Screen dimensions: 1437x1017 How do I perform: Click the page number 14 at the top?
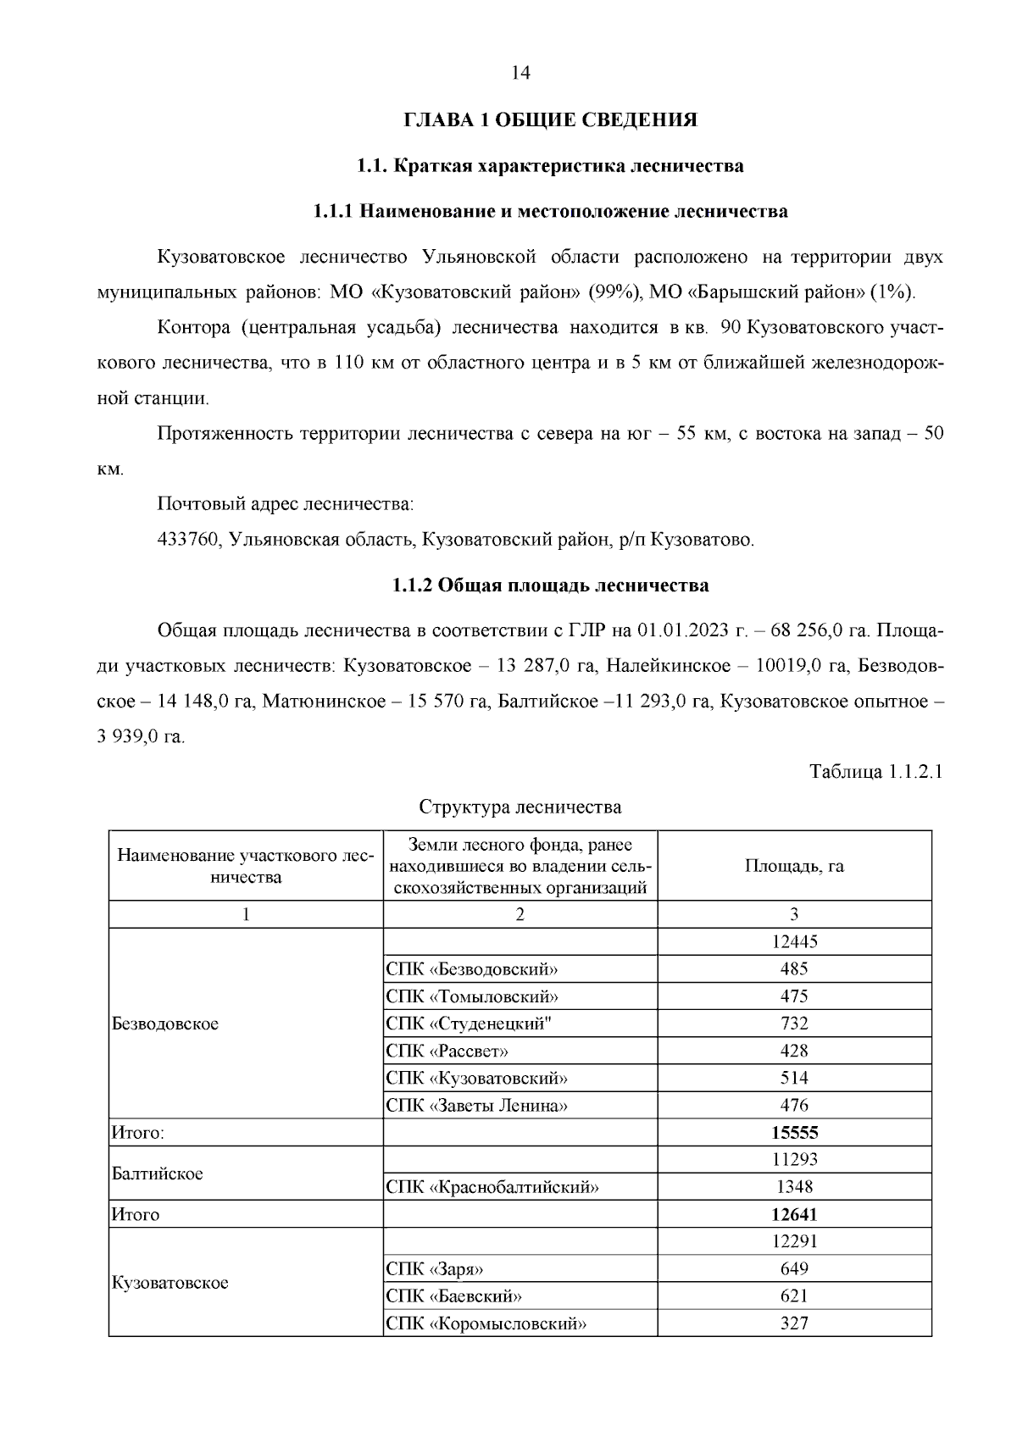click(520, 74)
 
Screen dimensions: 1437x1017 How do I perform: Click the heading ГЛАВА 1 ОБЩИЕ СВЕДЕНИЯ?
click(550, 120)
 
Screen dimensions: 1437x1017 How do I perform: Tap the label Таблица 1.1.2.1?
click(875, 772)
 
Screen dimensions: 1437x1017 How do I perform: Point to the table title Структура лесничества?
click(520, 807)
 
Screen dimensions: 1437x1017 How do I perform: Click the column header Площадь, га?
click(794, 866)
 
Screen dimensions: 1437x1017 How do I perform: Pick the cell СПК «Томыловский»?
click(472, 996)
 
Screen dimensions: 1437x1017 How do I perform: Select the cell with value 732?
click(794, 1024)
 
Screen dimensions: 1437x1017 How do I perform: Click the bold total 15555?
click(794, 1133)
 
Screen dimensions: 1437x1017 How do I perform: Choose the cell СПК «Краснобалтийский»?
click(492, 1187)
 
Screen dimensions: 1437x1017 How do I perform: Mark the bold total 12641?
click(794, 1214)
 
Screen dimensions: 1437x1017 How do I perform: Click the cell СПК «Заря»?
click(435, 1269)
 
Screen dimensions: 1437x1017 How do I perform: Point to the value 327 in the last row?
click(794, 1323)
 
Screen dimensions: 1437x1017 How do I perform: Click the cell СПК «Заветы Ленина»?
click(476, 1106)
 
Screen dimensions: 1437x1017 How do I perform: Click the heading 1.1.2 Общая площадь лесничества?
click(550, 585)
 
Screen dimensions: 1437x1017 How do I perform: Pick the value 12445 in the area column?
click(794, 941)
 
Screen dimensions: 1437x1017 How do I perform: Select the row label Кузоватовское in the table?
click(170, 1283)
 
